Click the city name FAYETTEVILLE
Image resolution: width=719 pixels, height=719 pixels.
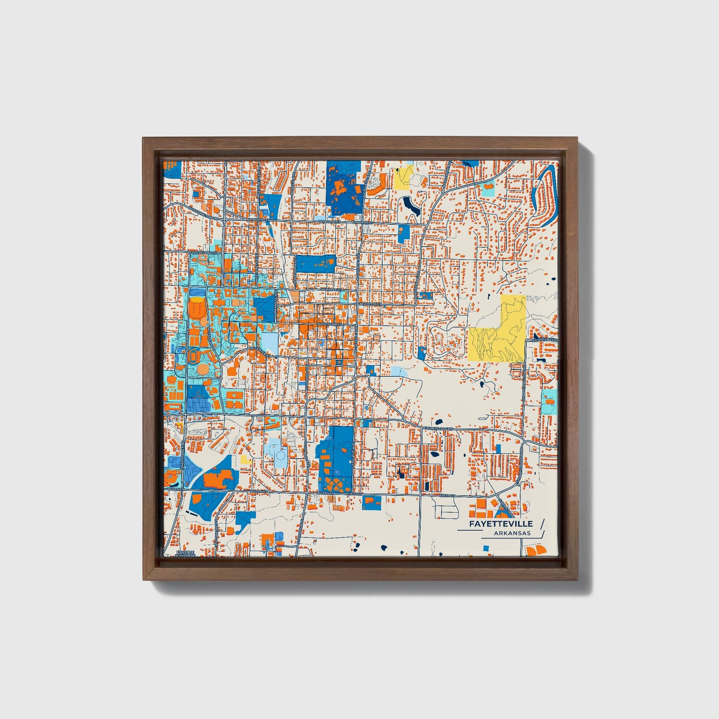pos(500,524)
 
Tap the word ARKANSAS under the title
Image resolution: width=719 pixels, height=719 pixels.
pos(513,533)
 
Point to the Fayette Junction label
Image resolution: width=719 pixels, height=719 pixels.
pos(186,554)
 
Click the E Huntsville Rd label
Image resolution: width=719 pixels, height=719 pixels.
pos(438,427)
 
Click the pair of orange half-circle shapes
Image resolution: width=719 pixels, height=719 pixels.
pos(536,550)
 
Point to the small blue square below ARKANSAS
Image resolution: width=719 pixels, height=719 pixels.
pos(486,548)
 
